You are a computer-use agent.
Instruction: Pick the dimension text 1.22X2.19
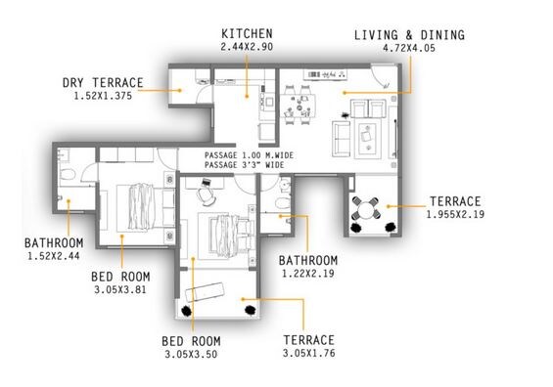308,275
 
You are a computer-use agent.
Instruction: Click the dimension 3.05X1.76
309,354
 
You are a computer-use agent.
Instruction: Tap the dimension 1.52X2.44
55,257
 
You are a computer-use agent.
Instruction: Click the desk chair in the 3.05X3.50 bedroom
208,194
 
